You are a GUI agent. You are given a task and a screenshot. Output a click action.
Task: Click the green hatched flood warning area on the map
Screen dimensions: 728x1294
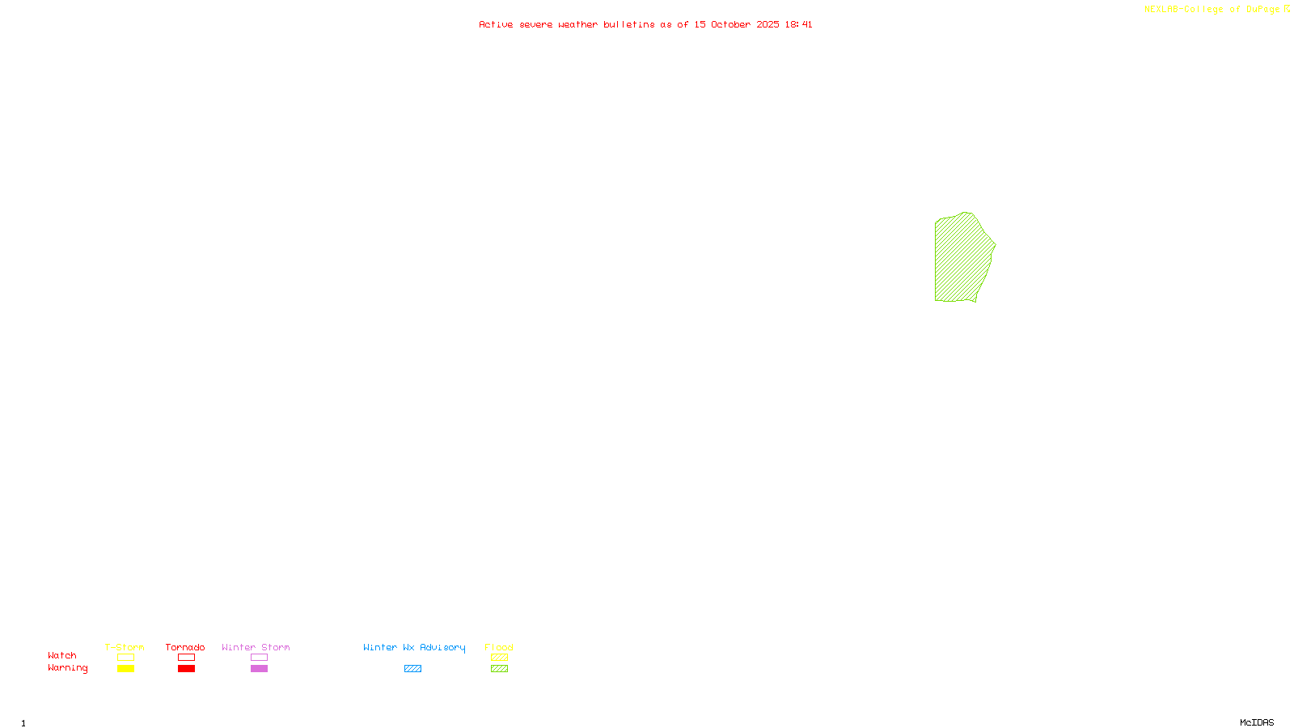pyautogui.click(x=962, y=258)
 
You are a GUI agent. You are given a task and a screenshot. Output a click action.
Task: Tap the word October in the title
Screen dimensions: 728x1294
pyautogui.click(x=730, y=24)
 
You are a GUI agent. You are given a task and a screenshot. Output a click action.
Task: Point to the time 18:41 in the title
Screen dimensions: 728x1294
pyautogui.click(x=798, y=24)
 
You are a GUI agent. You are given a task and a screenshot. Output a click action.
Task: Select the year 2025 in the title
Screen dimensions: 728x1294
pyautogui.click(x=768, y=24)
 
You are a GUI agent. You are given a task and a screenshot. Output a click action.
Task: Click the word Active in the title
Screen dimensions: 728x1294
pyautogui.click(x=495, y=24)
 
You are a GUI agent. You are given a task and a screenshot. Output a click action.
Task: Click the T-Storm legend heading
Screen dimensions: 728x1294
pyautogui.click(x=125, y=647)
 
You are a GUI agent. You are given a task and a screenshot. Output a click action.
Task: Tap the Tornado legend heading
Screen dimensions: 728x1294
pyautogui.click(x=185, y=647)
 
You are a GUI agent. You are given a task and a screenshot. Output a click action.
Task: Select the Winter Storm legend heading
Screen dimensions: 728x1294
pyautogui.click(x=256, y=647)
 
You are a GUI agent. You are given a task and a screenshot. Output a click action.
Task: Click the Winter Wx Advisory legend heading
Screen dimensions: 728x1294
pyautogui.click(x=414, y=647)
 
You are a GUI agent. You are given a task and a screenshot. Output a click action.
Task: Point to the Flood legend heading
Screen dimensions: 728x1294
pyautogui.click(x=499, y=647)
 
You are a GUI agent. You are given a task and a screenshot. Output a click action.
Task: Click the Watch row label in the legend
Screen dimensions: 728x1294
pyautogui.click(x=62, y=655)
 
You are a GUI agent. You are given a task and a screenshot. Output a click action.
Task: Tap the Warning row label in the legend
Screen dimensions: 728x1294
pyautogui.click(x=68, y=668)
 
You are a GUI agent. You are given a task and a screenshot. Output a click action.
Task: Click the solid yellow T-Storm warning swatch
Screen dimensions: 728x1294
pyautogui.click(x=125, y=669)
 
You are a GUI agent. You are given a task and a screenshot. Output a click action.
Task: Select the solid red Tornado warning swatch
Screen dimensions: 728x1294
pyautogui.click(x=186, y=669)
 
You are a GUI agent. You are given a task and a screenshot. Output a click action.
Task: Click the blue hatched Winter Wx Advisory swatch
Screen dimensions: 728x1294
pyautogui.click(x=412, y=669)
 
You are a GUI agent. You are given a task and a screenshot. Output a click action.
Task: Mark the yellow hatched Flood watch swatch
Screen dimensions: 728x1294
pyautogui.click(x=499, y=658)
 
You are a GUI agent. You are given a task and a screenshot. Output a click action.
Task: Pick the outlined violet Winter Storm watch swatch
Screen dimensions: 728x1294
pyautogui.click(x=259, y=658)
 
